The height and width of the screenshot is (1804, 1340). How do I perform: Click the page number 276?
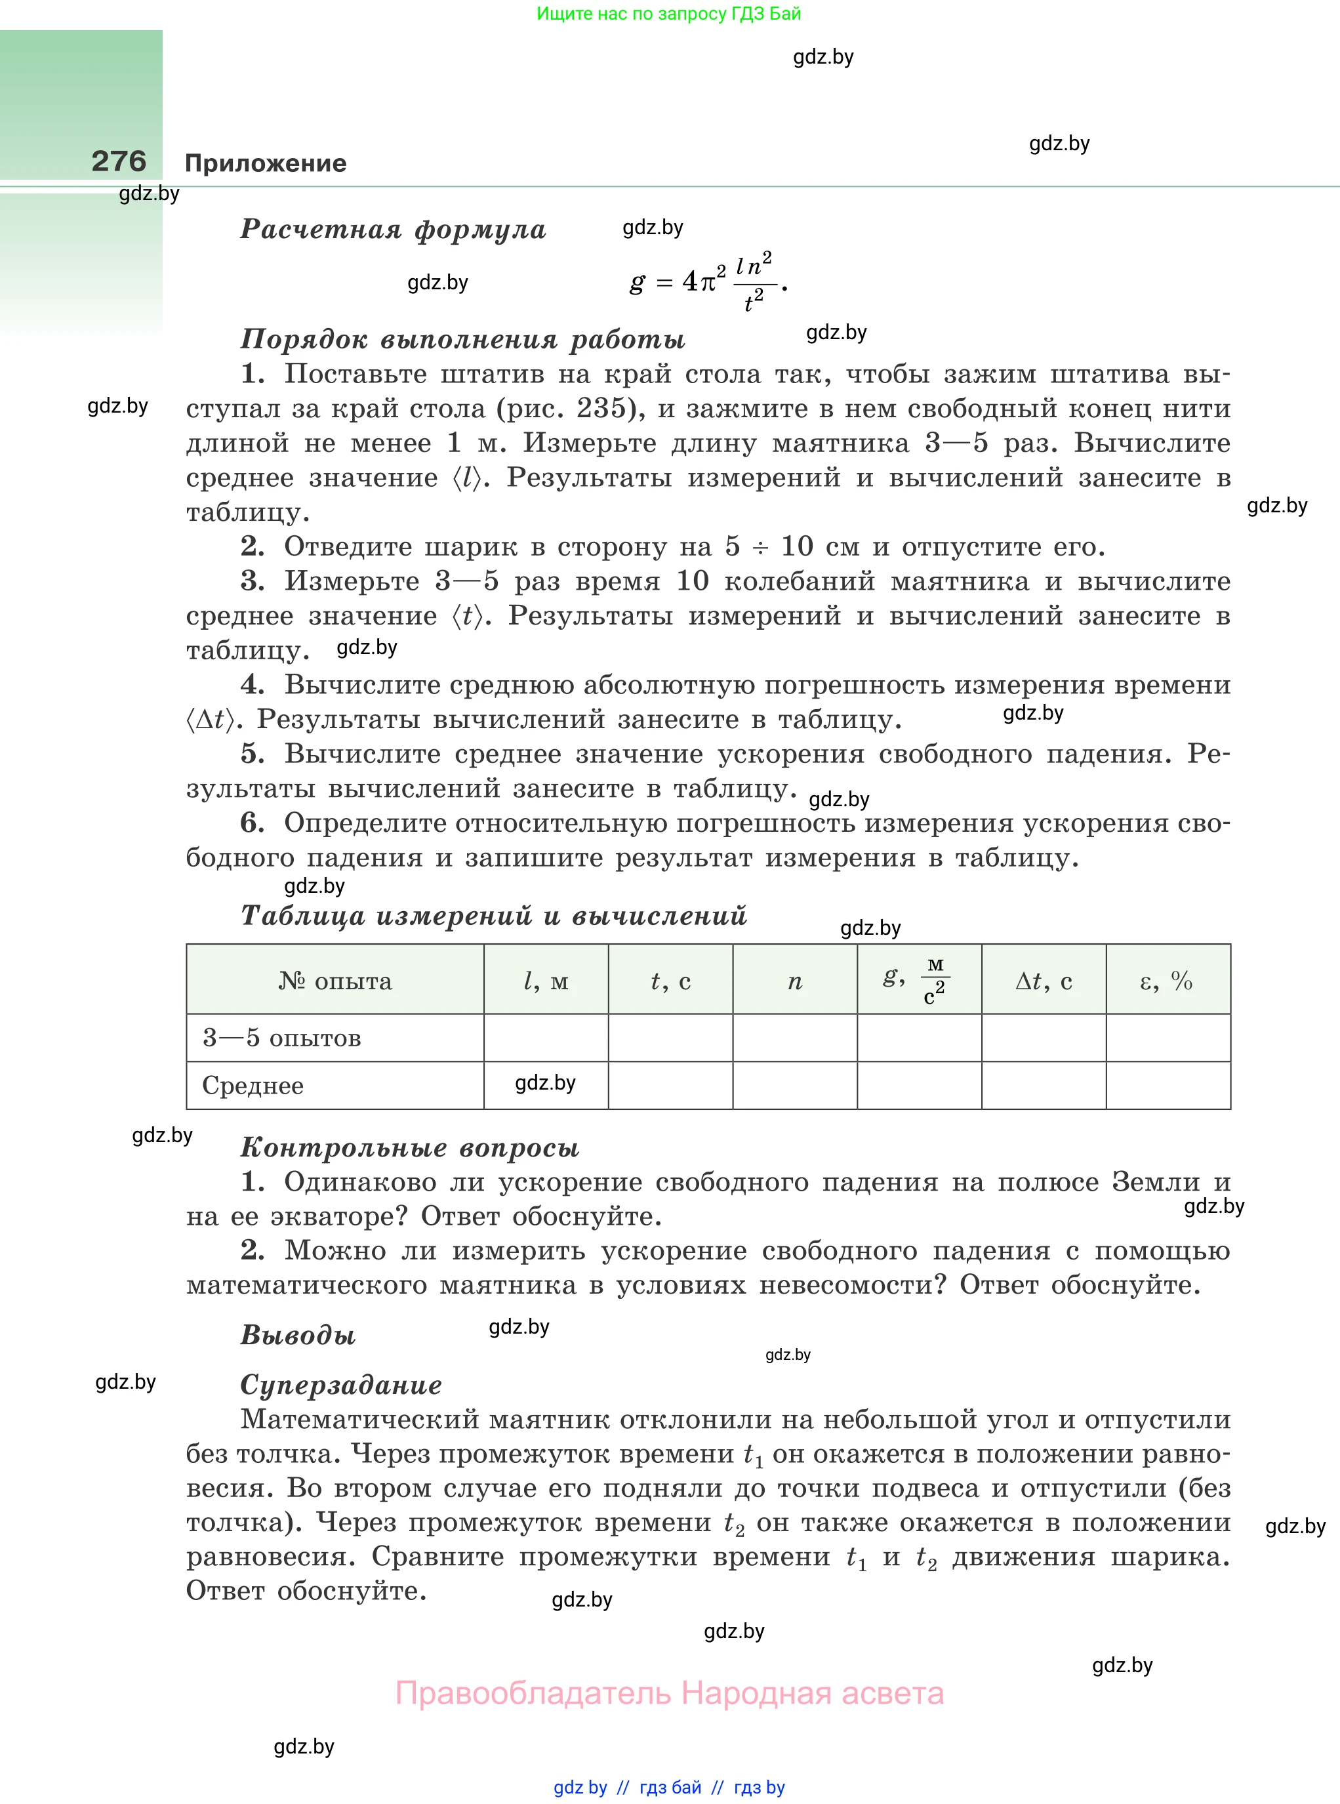119,161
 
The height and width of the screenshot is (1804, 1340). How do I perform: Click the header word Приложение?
265,163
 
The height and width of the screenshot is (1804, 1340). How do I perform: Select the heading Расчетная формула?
394,230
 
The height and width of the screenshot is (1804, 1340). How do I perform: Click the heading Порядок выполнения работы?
462,339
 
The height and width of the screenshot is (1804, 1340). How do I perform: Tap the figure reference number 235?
601,408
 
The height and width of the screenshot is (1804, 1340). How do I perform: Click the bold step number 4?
253,685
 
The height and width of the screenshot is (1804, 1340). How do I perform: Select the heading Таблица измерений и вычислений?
493,916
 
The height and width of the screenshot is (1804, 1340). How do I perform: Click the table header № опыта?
335,981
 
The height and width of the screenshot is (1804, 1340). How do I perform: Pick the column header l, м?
546,981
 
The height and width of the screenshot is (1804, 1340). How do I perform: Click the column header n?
795,981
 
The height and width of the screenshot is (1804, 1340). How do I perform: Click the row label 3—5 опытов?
281,1037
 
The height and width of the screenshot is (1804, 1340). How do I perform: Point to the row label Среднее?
253,1085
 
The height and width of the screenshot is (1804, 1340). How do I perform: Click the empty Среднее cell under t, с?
670,1085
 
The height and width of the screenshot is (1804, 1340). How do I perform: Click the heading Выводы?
298,1334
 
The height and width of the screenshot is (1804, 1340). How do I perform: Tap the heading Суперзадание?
340,1385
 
